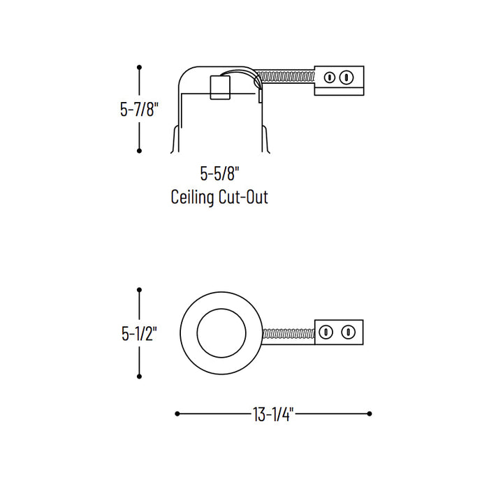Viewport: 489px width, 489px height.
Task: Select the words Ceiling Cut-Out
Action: [x=219, y=197]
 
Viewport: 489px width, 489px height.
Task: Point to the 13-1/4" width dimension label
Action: [x=272, y=414]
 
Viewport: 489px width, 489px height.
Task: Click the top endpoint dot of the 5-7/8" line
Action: [x=140, y=67]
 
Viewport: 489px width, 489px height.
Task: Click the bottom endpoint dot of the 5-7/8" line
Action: [x=140, y=150]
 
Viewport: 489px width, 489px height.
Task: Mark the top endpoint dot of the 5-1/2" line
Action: [x=140, y=289]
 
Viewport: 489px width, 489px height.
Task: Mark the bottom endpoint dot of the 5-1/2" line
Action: [x=140, y=372]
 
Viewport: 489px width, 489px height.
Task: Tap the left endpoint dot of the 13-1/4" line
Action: [x=177, y=414]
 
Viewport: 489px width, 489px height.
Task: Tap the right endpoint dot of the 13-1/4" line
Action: [x=370, y=414]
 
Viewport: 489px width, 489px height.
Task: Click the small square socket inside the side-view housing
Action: [x=220, y=87]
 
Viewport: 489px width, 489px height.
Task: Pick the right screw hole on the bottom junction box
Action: [x=346, y=333]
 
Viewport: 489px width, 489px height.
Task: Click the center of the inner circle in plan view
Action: [x=220, y=332]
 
